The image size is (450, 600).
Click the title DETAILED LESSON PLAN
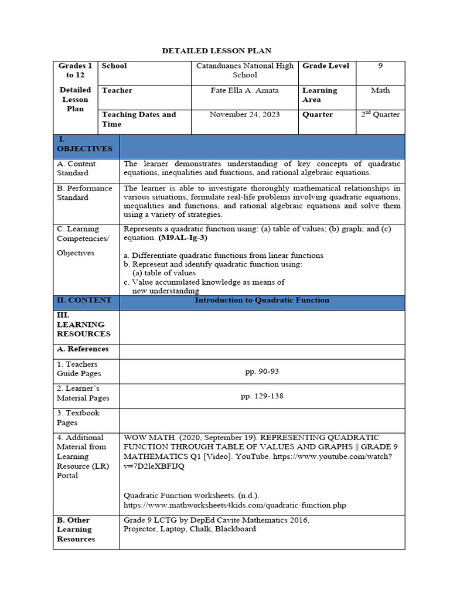[x=216, y=51]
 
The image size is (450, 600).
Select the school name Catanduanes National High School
[x=245, y=70]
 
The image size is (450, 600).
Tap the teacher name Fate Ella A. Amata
[x=245, y=90]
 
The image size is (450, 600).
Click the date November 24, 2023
[x=245, y=115]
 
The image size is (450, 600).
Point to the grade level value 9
[x=380, y=66]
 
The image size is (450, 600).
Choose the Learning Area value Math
[x=380, y=90]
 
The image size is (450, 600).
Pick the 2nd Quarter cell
[x=380, y=115]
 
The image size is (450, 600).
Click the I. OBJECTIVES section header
[x=84, y=144]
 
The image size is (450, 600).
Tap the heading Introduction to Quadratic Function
[x=262, y=300]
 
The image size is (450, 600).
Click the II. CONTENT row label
[x=84, y=300]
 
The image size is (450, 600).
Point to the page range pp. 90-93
[x=262, y=371]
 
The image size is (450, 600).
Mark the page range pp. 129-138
[x=262, y=396]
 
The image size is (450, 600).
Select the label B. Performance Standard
[x=84, y=193]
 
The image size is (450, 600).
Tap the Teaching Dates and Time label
[x=139, y=119]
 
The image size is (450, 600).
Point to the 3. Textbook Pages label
[x=79, y=418]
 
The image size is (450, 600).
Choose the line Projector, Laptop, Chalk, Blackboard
[x=190, y=529]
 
